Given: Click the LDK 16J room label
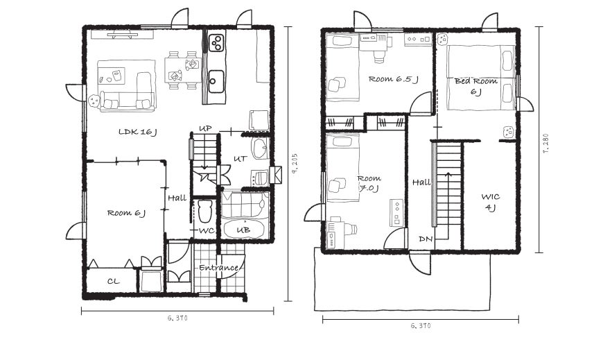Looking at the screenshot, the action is click(x=137, y=132).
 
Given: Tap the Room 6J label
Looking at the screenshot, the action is click(x=126, y=213).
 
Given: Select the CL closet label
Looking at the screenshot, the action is click(x=113, y=281).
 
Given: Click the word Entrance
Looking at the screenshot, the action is click(x=218, y=268).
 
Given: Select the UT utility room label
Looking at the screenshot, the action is click(x=240, y=159).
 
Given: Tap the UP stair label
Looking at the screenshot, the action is click(x=205, y=128).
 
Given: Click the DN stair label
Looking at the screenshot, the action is click(x=426, y=239).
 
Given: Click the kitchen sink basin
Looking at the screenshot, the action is click(x=216, y=81).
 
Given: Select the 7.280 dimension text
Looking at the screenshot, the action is click(x=546, y=144).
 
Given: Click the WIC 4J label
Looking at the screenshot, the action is click(x=490, y=203).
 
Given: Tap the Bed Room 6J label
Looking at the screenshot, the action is click(x=475, y=86).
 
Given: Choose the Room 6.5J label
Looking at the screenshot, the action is click(x=394, y=79).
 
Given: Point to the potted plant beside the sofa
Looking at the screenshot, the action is click(x=94, y=101).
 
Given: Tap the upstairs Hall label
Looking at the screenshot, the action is click(x=421, y=182).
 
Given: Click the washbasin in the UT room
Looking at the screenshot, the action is click(x=259, y=148).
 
